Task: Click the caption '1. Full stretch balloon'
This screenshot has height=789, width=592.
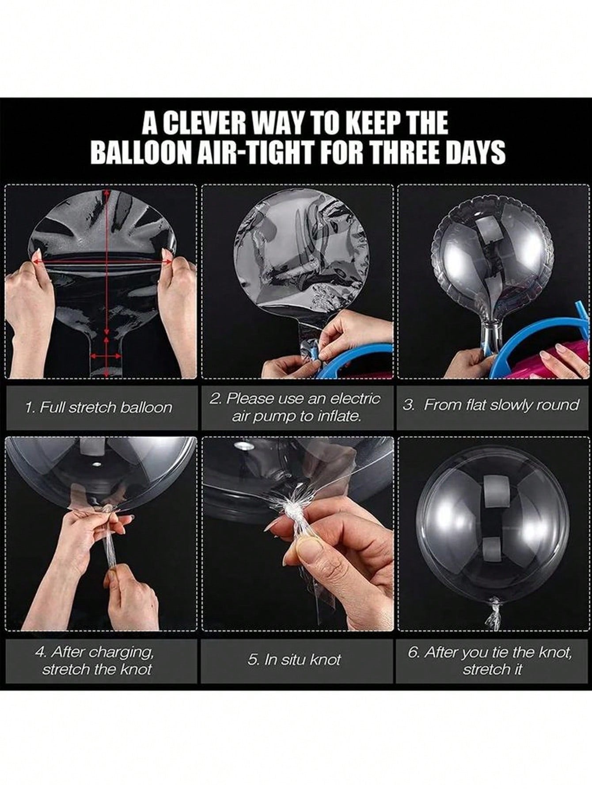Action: coord(99,407)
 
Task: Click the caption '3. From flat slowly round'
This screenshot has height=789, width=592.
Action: coord(491,405)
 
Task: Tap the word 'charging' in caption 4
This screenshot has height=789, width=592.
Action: coord(125,652)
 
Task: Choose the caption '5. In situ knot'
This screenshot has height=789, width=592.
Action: coord(294,660)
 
